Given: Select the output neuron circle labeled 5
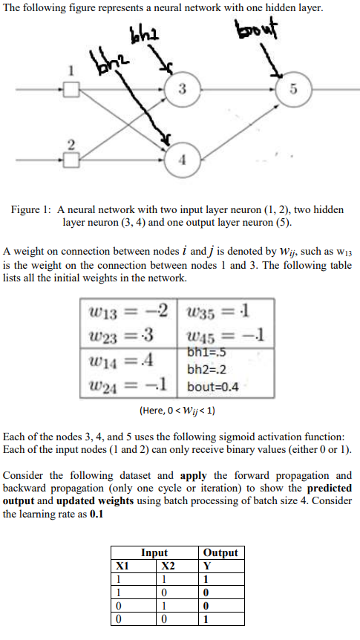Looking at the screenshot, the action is (x=294, y=91).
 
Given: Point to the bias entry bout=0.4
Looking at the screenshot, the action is (x=214, y=387).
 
